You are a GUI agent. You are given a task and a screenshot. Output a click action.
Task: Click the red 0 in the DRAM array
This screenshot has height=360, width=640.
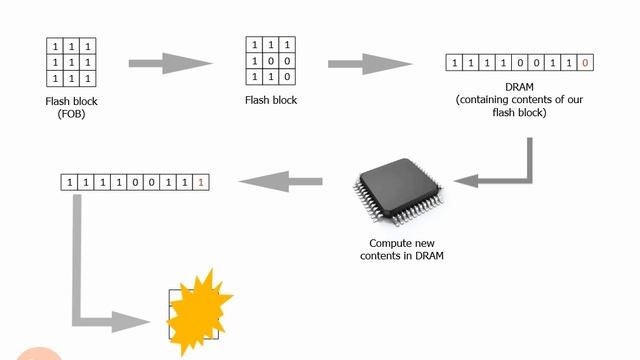point(585,63)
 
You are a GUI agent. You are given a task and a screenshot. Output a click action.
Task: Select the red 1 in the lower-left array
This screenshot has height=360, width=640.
point(200,182)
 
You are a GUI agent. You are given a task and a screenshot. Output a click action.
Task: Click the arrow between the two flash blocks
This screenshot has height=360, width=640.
point(171,63)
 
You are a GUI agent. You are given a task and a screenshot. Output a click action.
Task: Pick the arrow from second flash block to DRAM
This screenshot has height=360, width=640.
point(371,63)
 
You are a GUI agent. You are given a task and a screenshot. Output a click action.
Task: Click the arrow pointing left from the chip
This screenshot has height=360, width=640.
point(281,181)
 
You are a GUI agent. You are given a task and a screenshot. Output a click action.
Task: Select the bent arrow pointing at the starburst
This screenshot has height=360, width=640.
point(100,290)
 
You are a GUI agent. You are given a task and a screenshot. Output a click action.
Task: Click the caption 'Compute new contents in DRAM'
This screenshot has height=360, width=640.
point(401,249)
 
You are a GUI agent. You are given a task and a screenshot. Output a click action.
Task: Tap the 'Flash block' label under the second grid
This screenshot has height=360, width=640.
point(271,100)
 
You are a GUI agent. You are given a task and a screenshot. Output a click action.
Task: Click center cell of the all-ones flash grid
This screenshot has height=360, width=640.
point(71,62)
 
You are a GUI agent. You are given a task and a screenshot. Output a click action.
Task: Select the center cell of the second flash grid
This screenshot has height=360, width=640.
point(271,60)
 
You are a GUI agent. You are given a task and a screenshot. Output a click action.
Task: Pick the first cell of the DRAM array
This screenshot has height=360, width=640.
point(457,63)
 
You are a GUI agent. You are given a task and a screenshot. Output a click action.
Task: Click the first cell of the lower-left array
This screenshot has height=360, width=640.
point(70,182)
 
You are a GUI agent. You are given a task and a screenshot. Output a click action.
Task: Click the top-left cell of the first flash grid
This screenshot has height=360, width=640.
point(54,47)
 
